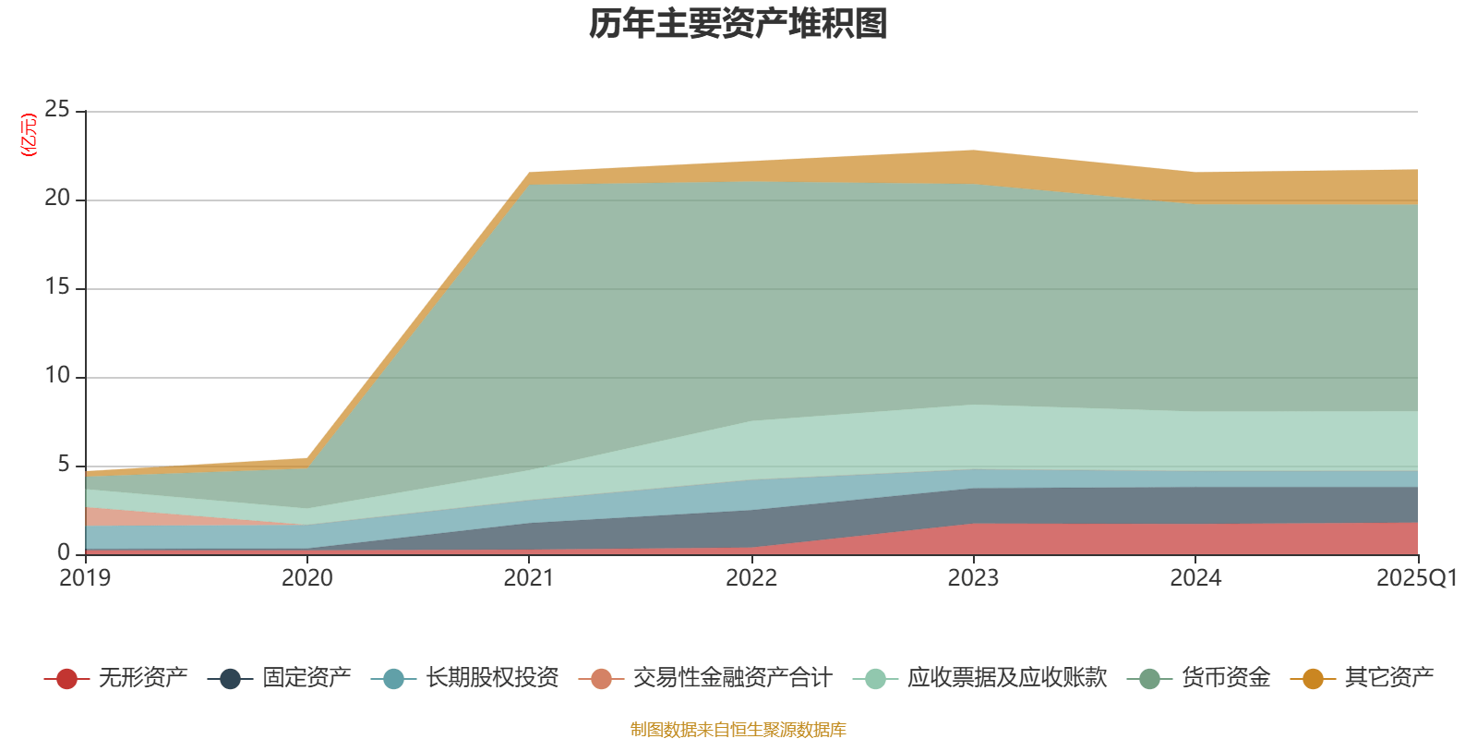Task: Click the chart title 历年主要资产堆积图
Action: click(738, 25)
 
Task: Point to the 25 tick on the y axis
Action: click(57, 110)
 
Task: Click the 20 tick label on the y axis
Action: click(57, 199)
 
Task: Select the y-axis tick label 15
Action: click(57, 287)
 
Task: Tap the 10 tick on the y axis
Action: click(57, 376)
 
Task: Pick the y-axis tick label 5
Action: click(64, 465)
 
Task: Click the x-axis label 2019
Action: click(85, 578)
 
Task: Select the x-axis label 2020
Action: click(307, 578)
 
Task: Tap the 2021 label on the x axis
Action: click(529, 578)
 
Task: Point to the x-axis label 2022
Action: click(751, 578)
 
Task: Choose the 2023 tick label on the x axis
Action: click(974, 578)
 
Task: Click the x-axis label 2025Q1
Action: click(1416, 578)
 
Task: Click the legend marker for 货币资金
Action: click(1149, 679)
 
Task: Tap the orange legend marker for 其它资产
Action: click(1313, 679)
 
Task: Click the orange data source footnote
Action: click(738, 730)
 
